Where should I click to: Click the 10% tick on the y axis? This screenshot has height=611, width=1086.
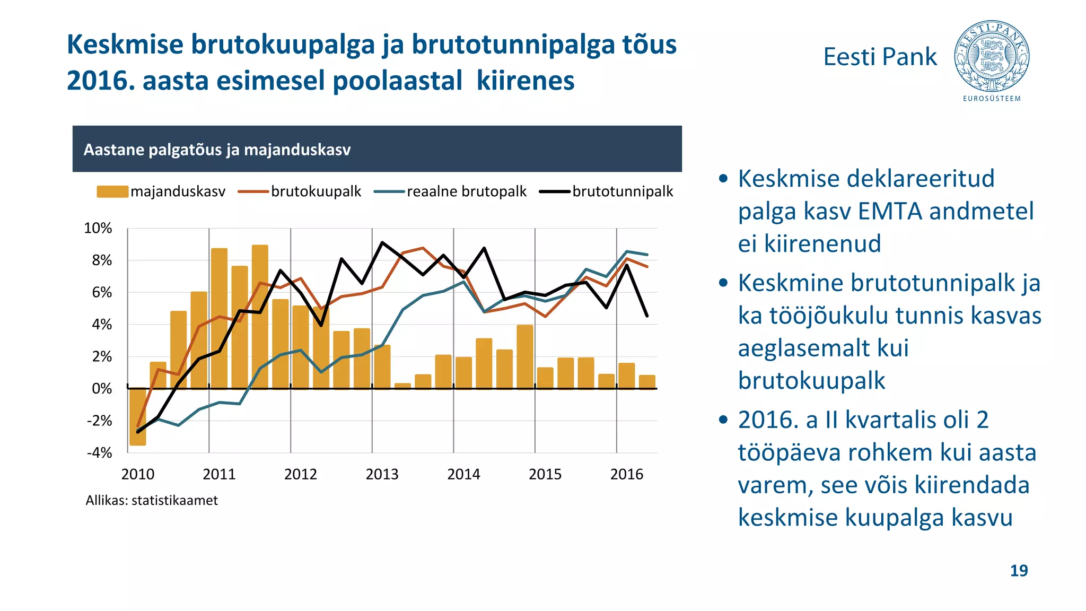pyautogui.click(x=98, y=229)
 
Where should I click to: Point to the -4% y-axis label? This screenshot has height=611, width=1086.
pyautogui.click(x=100, y=453)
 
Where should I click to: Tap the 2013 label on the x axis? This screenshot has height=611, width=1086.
pyautogui.click(x=382, y=474)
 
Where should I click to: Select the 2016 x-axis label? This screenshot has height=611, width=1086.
pyautogui.click(x=626, y=474)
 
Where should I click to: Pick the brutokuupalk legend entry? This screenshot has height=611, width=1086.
pyautogui.click(x=300, y=191)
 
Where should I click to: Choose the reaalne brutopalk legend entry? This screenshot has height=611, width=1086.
pyautogui.click(x=450, y=191)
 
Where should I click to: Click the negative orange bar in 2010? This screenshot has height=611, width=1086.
pyautogui.click(x=138, y=416)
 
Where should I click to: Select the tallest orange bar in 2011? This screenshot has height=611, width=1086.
pyautogui.click(x=260, y=317)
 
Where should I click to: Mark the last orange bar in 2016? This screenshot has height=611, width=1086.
pyautogui.click(x=647, y=382)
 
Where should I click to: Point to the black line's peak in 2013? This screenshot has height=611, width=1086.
pyautogui.click(x=382, y=243)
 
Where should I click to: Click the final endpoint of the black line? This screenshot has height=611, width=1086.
pyautogui.click(x=647, y=316)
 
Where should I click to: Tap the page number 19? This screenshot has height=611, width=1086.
pyautogui.click(x=1019, y=571)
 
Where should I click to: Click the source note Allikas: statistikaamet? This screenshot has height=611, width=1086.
pyautogui.click(x=152, y=501)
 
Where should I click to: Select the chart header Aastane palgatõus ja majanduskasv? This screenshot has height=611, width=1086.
pyautogui.click(x=217, y=150)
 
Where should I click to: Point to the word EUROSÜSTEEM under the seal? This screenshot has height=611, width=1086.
pyautogui.click(x=992, y=99)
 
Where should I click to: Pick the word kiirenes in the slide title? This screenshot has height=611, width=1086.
pyautogui.click(x=525, y=81)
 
